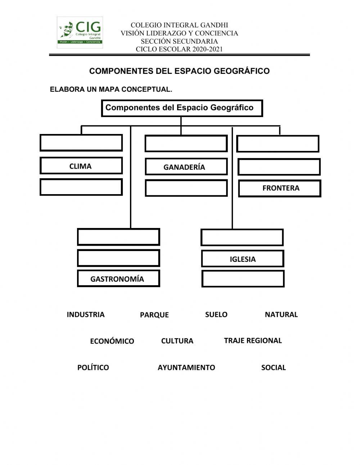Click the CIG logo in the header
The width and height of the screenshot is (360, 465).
80,32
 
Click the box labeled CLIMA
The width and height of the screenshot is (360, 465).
81,165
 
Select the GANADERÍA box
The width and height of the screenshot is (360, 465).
186,166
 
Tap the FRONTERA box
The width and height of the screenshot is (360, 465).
280,188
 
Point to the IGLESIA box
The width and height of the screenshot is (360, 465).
243,259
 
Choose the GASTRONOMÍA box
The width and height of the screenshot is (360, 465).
118,278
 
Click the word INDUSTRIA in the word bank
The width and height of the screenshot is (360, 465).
86,314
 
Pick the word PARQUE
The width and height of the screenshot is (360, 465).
154,315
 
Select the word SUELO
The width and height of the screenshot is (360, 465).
216,314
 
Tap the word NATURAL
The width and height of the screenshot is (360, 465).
281,314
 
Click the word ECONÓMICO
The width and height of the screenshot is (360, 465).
112,341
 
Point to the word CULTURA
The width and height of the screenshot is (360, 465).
177,341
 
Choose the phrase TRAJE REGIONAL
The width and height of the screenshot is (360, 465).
253,340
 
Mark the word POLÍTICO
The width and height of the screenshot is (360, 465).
93,367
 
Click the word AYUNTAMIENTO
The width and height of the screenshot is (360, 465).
186,367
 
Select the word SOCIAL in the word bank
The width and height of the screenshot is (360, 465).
274,367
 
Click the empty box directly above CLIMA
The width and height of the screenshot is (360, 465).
81,143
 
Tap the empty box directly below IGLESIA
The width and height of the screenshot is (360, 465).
243,279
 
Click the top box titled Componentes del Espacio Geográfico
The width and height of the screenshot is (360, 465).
182,108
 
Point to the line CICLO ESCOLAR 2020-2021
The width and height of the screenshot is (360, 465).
179,49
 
